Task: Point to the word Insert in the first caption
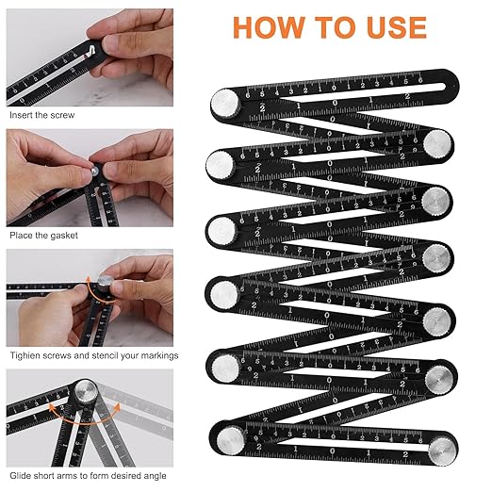point(22,114)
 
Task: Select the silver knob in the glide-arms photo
point(84,392)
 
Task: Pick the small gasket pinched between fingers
point(94,172)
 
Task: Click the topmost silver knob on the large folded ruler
point(224,100)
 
